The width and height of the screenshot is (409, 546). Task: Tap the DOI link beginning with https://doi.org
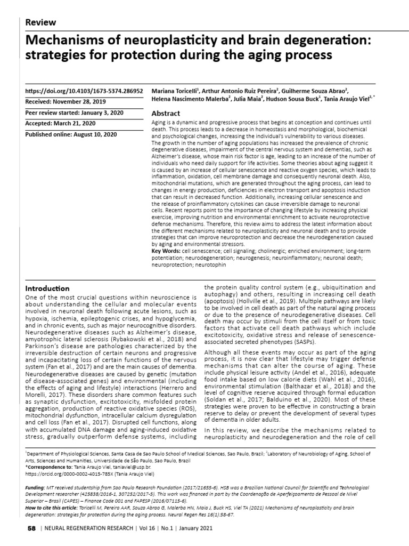tap(84, 91)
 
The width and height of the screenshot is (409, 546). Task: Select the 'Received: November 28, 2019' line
tap(66, 101)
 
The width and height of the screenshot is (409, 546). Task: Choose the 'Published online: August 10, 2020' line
tap(71, 134)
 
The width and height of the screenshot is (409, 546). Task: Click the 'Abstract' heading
tap(166, 114)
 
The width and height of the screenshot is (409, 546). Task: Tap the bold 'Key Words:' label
tap(166, 250)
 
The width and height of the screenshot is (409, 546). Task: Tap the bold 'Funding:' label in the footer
tap(37, 488)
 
